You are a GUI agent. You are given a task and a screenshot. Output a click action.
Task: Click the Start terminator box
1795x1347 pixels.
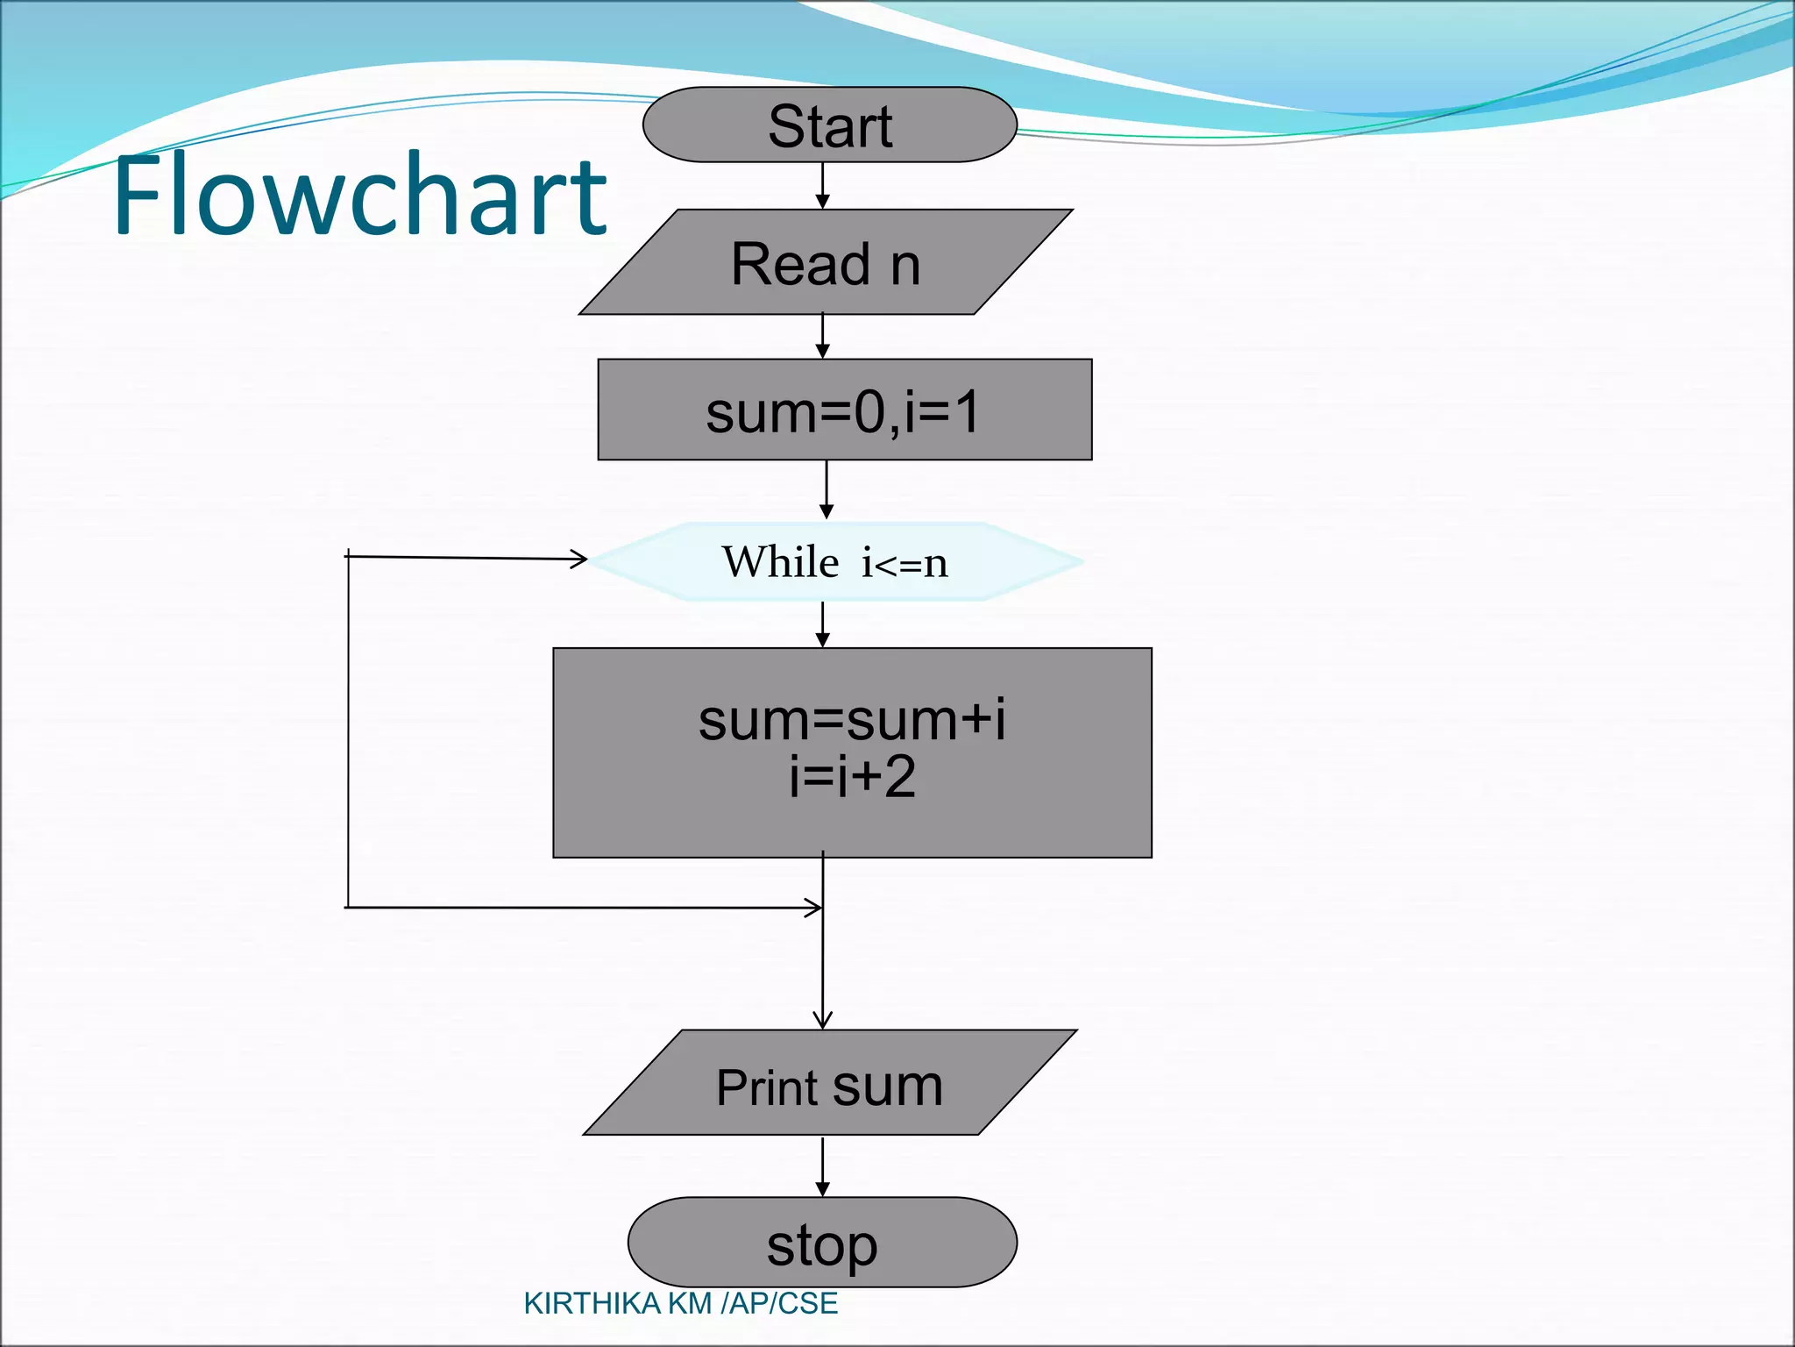tap(829, 125)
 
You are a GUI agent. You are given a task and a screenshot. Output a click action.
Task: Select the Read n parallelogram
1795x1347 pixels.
tap(826, 262)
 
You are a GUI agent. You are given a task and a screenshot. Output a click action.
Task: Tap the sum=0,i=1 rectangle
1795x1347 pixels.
tap(844, 410)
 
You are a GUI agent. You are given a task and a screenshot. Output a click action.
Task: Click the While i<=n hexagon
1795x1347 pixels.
tap(835, 561)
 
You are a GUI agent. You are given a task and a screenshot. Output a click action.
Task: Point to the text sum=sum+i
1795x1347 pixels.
tap(851, 720)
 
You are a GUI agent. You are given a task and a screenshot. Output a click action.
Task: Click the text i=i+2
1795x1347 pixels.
tap(851, 777)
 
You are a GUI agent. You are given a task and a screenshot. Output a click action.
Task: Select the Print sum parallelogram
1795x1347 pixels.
tap(829, 1083)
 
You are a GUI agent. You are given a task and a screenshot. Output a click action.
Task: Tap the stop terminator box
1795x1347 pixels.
tap(821, 1242)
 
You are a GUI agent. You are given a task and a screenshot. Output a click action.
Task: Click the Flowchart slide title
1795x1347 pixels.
tap(359, 195)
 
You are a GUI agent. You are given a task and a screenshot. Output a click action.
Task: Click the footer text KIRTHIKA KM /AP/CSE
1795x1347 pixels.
tap(680, 1304)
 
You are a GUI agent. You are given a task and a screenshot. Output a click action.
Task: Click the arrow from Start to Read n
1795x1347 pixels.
tap(822, 185)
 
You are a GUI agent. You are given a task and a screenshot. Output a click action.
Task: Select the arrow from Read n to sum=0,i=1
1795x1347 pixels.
tap(822, 336)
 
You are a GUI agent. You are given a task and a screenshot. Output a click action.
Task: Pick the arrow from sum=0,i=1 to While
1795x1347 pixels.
tap(826, 489)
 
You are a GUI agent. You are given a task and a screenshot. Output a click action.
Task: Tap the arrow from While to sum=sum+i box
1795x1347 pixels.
tap(822, 624)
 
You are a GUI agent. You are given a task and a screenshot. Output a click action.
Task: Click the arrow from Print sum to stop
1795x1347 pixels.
tap(822, 1166)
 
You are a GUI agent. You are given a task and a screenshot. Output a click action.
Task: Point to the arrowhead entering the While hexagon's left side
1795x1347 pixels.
tap(578, 559)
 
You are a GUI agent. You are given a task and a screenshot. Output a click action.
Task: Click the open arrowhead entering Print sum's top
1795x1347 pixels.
tap(822, 1020)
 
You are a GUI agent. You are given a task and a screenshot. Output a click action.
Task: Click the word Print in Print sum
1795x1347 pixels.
tap(768, 1087)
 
